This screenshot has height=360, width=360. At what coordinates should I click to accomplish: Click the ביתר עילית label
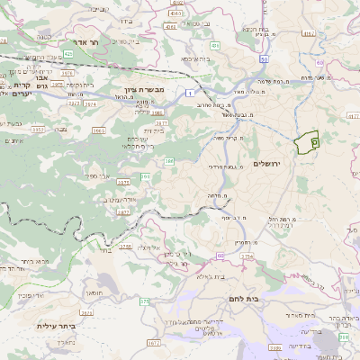[x=53, y=326]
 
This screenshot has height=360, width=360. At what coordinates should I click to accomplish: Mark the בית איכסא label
[x=196, y=58]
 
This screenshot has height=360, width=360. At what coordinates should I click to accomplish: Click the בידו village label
[x=132, y=3]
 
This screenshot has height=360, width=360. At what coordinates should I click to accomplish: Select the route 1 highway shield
[x=191, y=92]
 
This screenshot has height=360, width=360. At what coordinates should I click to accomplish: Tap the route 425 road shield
[x=68, y=54]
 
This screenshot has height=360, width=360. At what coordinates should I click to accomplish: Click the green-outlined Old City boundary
[x=307, y=141]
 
